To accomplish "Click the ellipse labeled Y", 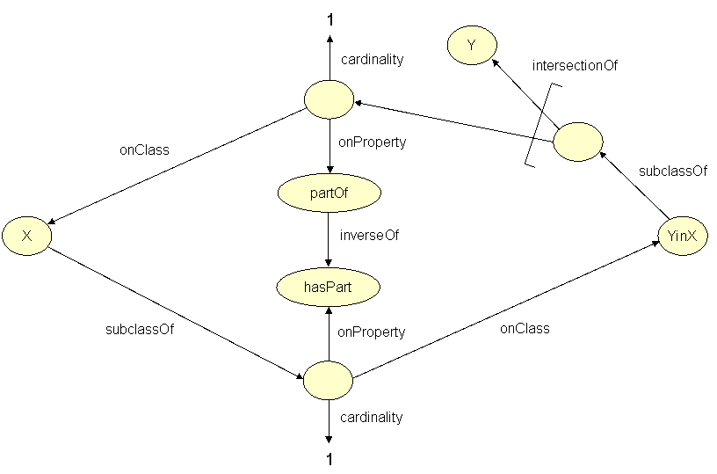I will (x=471, y=45).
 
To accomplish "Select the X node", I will (x=26, y=237).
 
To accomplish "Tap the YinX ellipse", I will (x=682, y=236).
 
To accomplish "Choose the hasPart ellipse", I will (x=328, y=286).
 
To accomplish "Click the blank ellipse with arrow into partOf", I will (x=329, y=98).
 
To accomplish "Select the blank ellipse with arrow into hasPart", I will (x=328, y=380).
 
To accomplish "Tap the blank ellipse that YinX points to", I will (x=577, y=142).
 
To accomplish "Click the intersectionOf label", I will (x=575, y=65).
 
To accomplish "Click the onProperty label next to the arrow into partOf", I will (x=372, y=141).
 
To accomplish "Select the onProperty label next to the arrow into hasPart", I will (x=372, y=332).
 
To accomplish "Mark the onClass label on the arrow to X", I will (x=144, y=149).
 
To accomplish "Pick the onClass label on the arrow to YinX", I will (x=524, y=328).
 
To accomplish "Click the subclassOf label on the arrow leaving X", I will (x=134, y=331).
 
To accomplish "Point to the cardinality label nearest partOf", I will (x=372, y=60).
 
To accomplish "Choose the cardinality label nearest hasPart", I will (x=371, y=417).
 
